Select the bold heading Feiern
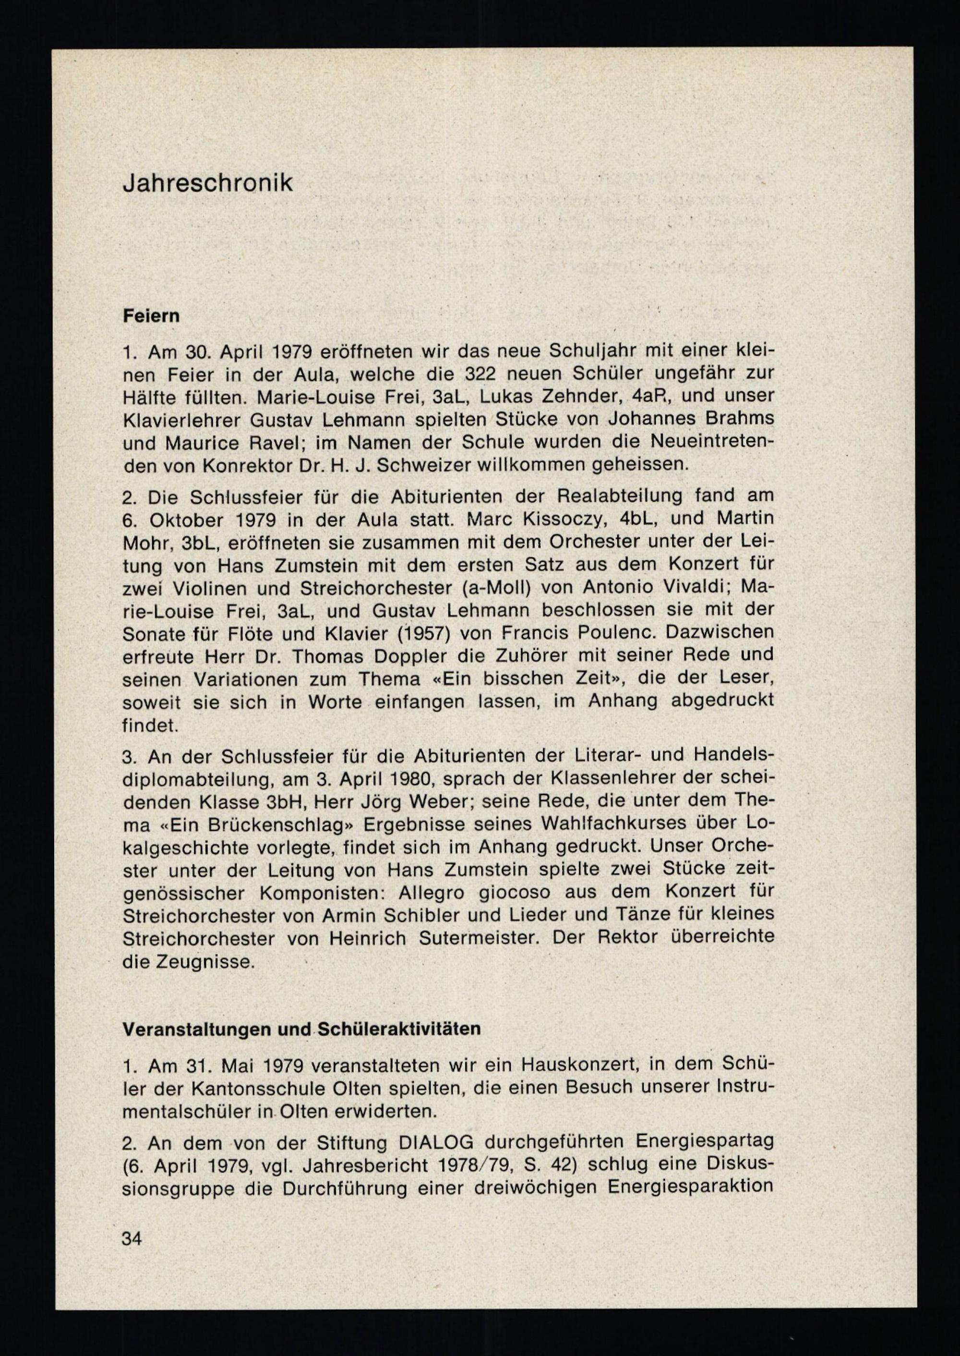[x=151, y=316]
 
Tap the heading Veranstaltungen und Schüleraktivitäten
[x=301, y=1029]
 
